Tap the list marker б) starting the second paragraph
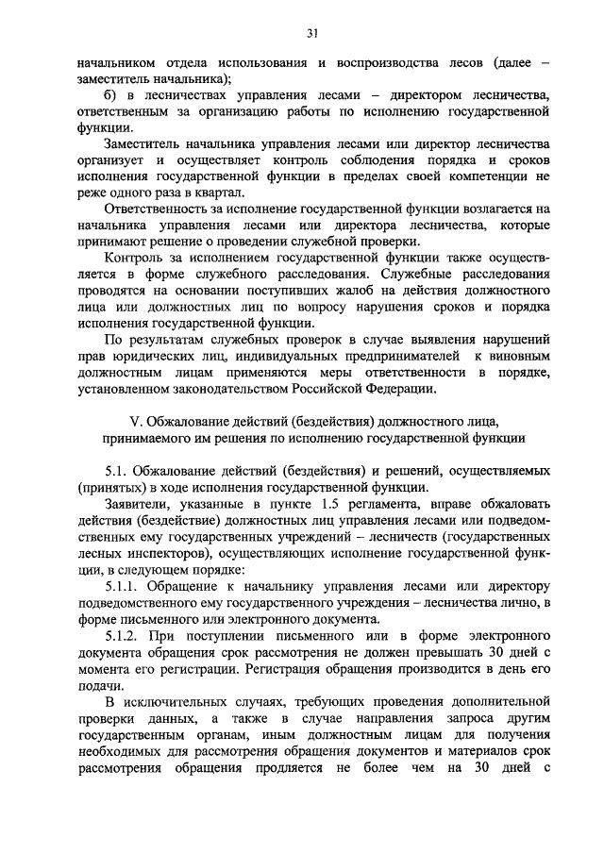110,95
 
